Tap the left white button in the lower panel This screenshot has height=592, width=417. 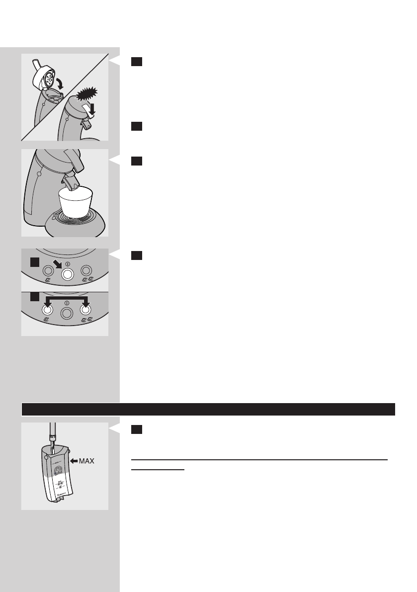[47, 310]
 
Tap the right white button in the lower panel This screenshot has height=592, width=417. [85, 310]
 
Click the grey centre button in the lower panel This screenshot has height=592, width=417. [67, 313]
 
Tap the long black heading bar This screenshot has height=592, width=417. [208, 409]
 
